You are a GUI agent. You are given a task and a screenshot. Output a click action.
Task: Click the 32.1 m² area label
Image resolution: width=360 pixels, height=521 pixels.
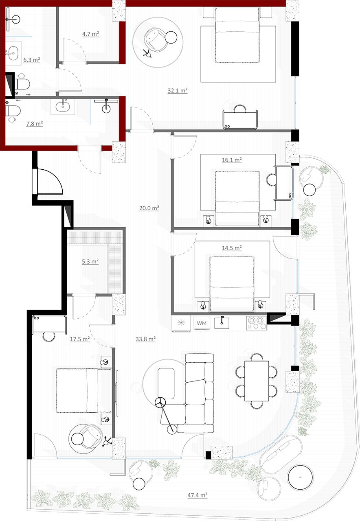tap(178, 90)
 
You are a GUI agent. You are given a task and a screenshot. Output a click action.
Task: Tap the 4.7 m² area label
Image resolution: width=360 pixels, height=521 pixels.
tap(90, 34)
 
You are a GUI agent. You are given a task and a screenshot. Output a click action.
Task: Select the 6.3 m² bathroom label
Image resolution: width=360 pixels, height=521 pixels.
tap(32, 60)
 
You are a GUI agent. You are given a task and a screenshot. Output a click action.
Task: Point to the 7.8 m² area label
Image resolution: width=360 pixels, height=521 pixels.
tap(35, 123)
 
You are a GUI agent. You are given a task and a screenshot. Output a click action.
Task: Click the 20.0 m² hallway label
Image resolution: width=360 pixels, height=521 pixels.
tap(149, 208)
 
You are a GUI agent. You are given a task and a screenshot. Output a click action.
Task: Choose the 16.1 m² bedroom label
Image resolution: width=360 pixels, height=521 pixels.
tap(232, 160)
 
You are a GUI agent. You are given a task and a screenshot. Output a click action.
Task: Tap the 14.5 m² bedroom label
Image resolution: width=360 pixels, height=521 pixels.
tap(232, 248)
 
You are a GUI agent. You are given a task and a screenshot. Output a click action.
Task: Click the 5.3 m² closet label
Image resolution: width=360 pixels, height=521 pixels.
tap(90, 261)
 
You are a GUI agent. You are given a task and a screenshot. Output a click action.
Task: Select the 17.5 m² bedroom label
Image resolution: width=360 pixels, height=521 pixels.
tap(80, 339)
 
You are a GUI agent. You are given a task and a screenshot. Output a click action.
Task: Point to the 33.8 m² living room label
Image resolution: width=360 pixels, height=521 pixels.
tap(146, 339)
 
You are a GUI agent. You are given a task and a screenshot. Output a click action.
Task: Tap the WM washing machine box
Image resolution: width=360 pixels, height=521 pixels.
tap(202, 323)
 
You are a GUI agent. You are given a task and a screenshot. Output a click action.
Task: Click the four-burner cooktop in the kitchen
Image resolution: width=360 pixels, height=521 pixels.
tap(256, 323)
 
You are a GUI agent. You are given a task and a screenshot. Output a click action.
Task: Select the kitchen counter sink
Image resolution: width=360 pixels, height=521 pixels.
tap(222, 322)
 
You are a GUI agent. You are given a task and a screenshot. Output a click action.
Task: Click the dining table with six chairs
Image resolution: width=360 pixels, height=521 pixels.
tap(257, 381)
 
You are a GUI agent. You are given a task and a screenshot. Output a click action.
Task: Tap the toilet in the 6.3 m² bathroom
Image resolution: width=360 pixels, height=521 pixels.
tap(22, 84)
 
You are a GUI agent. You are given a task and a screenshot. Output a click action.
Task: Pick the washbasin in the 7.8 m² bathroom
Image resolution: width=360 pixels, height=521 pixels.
tap(63, 107)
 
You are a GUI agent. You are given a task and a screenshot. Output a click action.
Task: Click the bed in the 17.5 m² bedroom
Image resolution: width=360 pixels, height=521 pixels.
tap(84, 390)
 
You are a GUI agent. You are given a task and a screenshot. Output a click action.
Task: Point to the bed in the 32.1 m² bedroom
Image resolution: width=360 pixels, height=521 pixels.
tap(237, 35)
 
